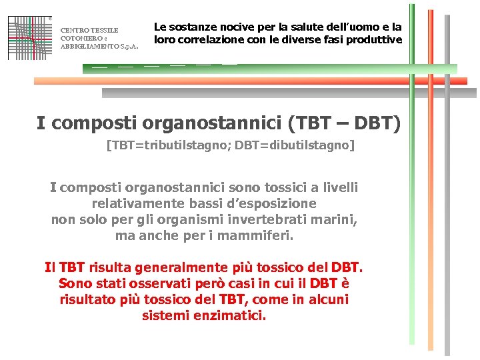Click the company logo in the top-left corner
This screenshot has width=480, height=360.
click(x=30, y=37)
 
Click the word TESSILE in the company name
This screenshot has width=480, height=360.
click(x=105, y=30)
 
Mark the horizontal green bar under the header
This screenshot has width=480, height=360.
click(x=267, y=69)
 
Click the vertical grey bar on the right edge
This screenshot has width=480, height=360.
click(x=447, y=200)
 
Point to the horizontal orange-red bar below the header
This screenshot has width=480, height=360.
click(x=253, y=80)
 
